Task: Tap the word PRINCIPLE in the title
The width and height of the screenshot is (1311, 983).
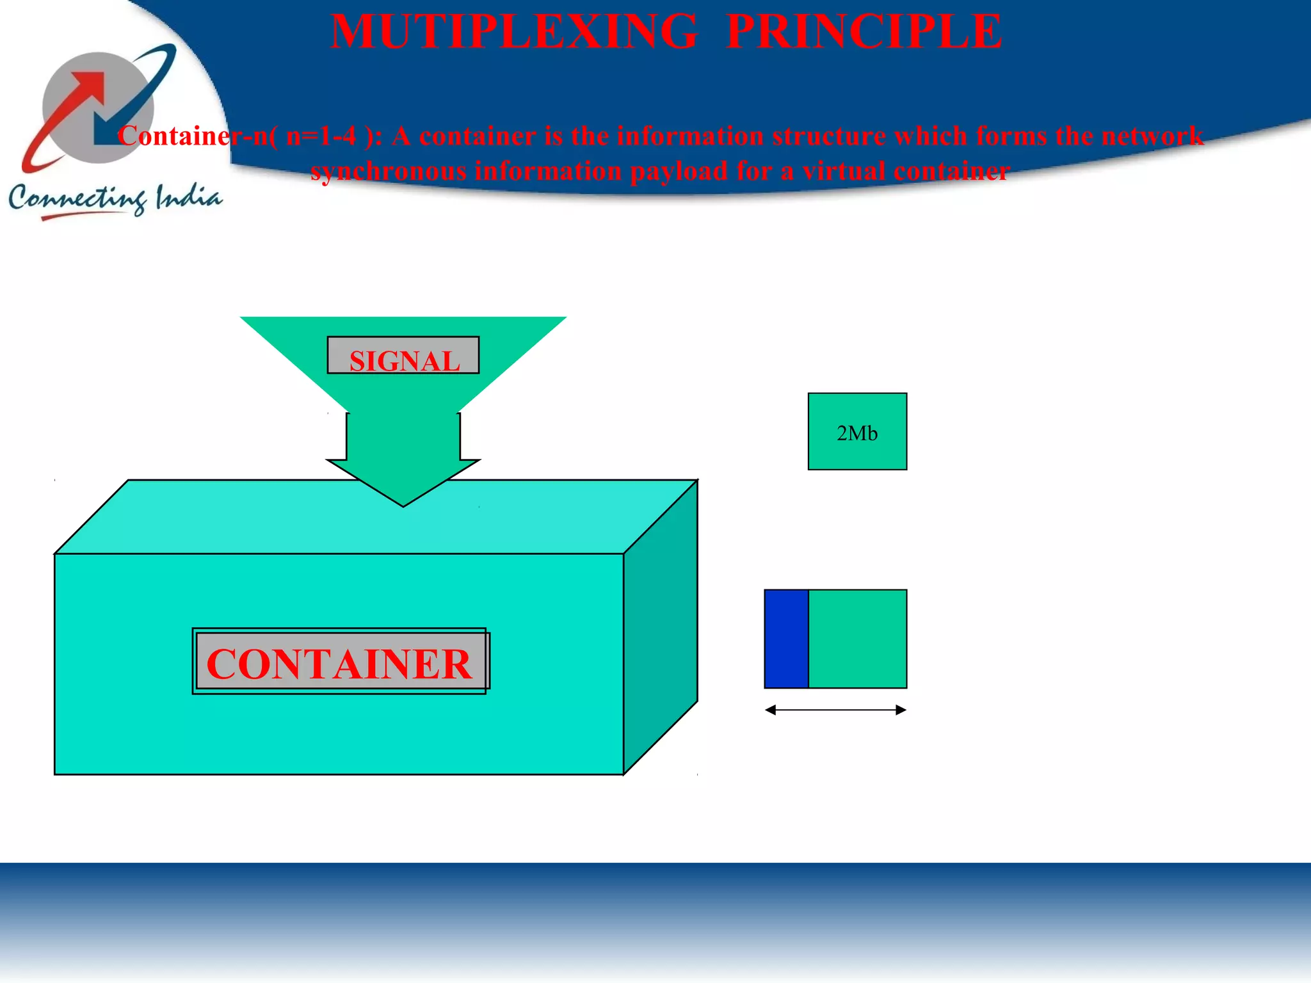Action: (x=864, y=32)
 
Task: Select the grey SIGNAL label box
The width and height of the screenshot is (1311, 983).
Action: (x=403, y=356)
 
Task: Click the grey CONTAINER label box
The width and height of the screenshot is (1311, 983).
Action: (x=340, y=662)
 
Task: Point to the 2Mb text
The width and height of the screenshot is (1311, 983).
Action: (x=857, y=434)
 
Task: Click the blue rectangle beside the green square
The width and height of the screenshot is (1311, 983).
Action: (x=787, y=639)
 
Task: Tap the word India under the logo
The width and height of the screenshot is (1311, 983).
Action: (x=189, y=197)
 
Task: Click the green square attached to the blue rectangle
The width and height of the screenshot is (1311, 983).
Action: (x=858, y=639)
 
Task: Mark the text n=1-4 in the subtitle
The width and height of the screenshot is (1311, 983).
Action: (x=321, y=136)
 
